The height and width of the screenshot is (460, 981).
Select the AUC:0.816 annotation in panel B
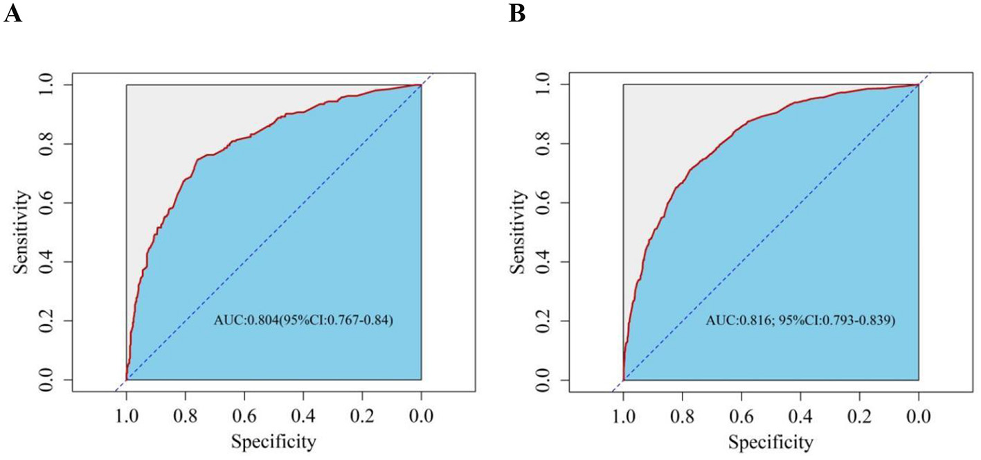coord(801,321)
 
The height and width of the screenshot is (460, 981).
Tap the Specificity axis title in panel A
coord(273,441)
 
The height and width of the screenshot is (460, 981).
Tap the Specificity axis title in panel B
coord(771,441)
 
